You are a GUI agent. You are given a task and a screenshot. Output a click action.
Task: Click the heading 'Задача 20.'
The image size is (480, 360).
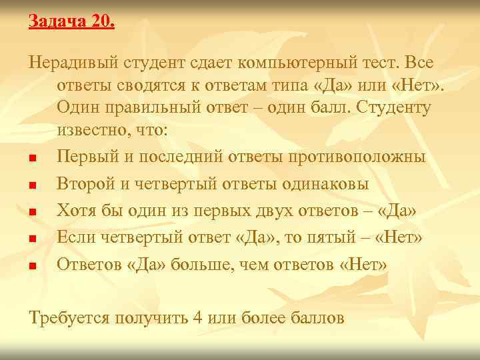[71, 21]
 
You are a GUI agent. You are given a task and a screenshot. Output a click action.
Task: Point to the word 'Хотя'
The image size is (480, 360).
[77, 211]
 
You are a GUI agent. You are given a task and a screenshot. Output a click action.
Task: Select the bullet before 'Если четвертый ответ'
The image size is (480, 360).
[33, 238]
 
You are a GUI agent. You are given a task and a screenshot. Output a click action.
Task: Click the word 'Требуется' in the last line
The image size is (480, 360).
[73, 318]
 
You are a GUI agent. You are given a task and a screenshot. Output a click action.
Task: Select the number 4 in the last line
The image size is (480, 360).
[197, 318]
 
